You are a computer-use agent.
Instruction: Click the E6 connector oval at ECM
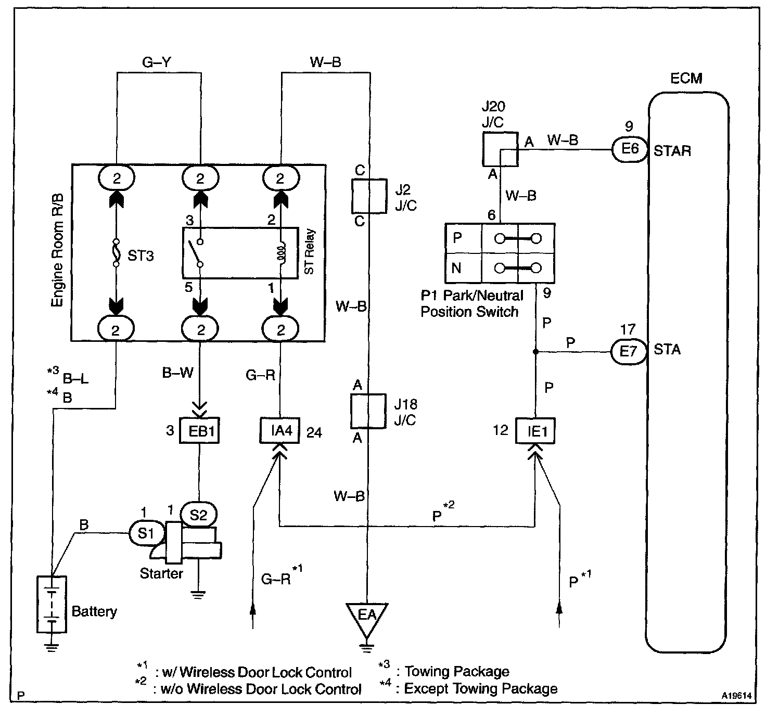tap(630, 149)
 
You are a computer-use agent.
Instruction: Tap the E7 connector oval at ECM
tap(629, 351)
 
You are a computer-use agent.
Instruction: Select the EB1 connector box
tap(199, 431)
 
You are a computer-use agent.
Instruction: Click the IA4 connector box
tap(280, 430)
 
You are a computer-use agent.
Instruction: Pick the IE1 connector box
tap(535, 431)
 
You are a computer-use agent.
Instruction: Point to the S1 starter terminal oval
tap(146, 533)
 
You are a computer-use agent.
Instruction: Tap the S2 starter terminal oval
tap(199, 515)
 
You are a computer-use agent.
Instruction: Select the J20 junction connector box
tap(500, 149)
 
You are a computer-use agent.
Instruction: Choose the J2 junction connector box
tap(369, 196)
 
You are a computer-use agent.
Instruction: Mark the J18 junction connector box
tap(368, 411)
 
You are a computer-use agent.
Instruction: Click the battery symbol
tap(52, 605)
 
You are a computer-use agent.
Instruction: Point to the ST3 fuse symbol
tap(116, 253)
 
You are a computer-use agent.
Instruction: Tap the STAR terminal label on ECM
tap(672, 151)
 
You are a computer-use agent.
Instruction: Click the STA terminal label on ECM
tap(667, 350)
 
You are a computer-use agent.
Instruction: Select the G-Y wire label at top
tap(157, 62)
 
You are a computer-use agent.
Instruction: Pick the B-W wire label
tap(178, 373)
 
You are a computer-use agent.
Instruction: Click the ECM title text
tap(686, 78)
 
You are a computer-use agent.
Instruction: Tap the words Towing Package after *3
tap(457, 672)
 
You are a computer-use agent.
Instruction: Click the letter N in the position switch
tap(456, 267)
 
